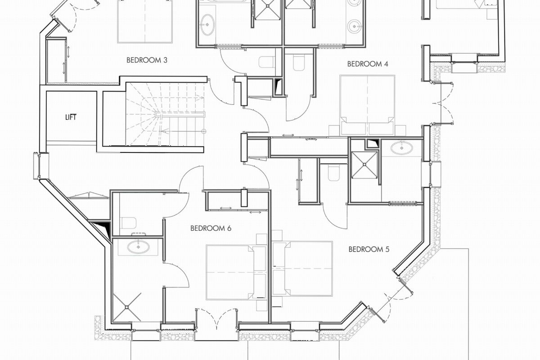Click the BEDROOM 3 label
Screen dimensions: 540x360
(x=147, y=60)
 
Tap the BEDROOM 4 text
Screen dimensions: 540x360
(x=368, y=64)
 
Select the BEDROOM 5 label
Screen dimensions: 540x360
(x=369, y=249)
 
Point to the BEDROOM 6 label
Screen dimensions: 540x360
(x=211, y=228)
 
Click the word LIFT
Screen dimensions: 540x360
(x=71, y=117)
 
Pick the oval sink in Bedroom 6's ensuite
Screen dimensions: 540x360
(x=138, y=247)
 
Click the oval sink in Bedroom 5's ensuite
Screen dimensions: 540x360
(x=401, y=148)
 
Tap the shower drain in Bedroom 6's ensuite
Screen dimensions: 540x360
(x=127, y=307)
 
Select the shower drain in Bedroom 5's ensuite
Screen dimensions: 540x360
(x=364, y=165)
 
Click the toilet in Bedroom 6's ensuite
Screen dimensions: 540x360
(x=129, y=223)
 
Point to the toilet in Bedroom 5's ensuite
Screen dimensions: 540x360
(x=334, y=173)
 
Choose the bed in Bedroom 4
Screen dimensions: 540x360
(x=367, y=105)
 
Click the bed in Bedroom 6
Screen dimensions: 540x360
(x=237, y=272)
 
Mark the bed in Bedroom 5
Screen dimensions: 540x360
(x=302, y=269)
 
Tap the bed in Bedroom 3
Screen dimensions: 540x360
(x=145, y=22)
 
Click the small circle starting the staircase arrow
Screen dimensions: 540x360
(x=204, y=131)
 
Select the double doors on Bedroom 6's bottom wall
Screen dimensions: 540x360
(x=216, y=318)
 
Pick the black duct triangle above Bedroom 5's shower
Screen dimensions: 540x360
(x=373, y=144)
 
